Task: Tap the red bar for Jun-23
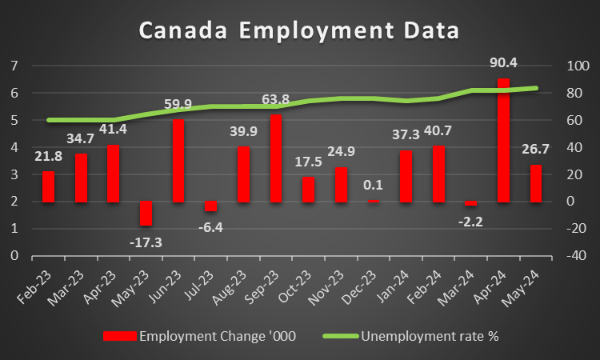178,161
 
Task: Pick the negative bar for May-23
146,214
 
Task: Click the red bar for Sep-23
275,158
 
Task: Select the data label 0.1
373,186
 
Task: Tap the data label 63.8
275,100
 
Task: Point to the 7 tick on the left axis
14,66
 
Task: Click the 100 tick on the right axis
577,66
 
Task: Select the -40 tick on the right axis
577,256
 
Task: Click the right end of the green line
536,88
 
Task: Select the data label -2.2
470,223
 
